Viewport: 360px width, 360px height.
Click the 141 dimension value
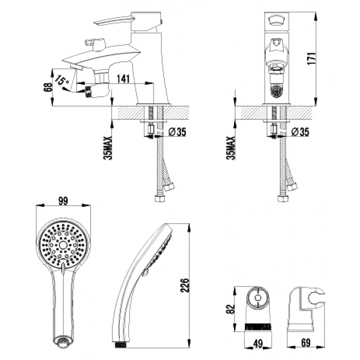(123, 79)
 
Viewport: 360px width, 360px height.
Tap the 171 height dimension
(312, 59)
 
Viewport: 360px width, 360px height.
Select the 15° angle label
(62, 81)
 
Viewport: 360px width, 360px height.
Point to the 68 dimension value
(48, 87)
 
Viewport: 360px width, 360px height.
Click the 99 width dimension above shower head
(63, 202)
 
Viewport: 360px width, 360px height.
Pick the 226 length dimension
(184, 285)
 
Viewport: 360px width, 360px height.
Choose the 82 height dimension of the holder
(230, 309)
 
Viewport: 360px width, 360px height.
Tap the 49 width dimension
(258, 344)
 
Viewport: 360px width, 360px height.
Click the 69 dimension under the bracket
(305, 343)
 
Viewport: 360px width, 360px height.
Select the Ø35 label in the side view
(177, 132)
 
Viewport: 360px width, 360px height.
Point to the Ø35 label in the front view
(300, 132)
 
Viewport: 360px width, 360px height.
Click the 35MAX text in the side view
(108, 148)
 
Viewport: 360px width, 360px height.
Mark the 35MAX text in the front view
(231, 148)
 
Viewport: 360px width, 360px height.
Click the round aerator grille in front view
(276, 91)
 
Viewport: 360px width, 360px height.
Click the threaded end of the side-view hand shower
(120, 345)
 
